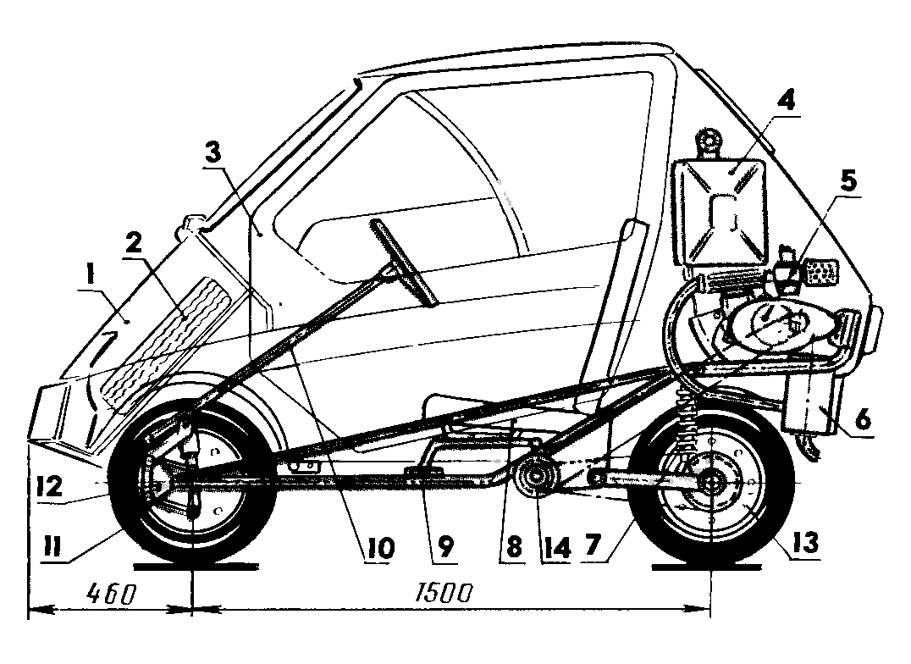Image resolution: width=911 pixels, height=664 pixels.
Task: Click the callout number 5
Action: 848,180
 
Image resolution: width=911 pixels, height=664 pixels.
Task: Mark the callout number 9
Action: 444,549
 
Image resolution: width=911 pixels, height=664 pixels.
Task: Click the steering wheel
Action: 406,262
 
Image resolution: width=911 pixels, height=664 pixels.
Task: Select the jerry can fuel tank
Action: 721,211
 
